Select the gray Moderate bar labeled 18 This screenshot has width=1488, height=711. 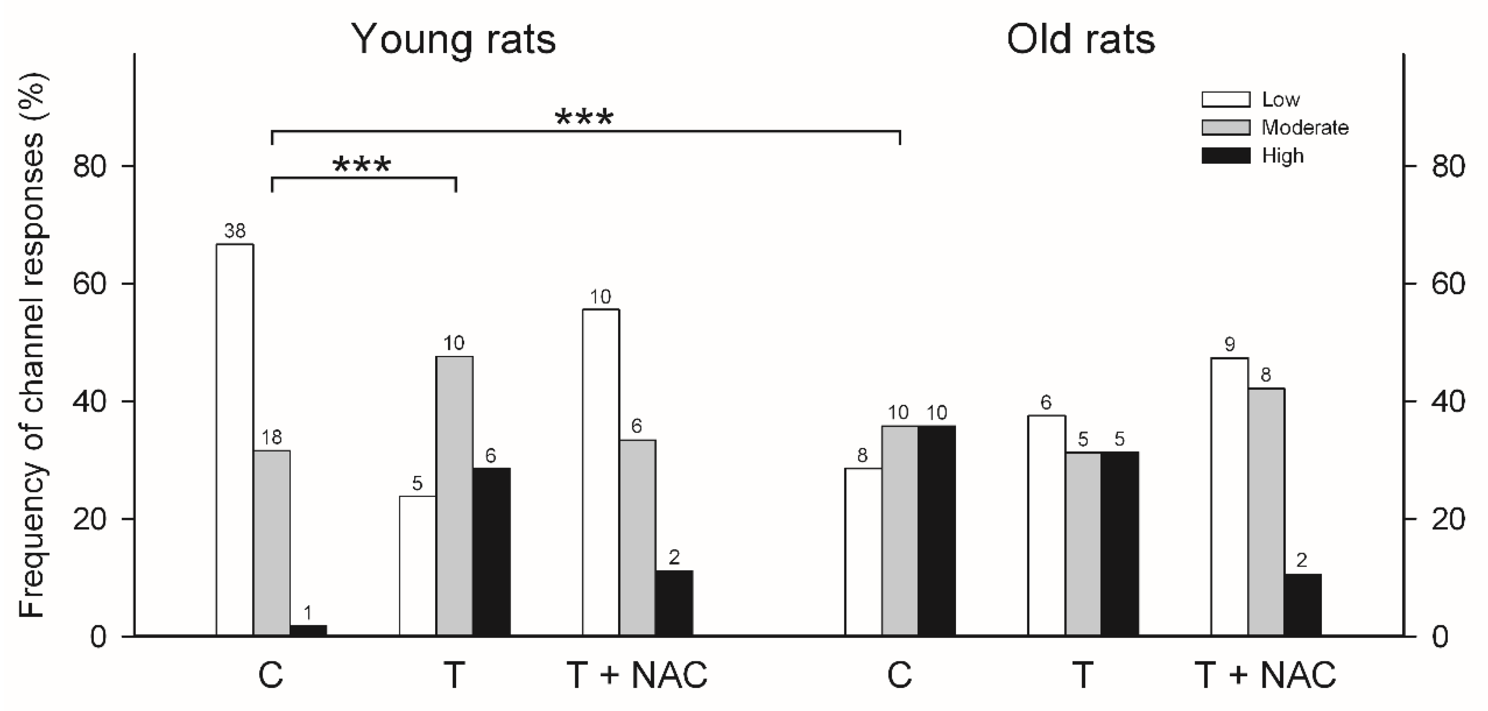point(272,543)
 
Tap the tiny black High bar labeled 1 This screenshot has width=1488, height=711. point(308,630)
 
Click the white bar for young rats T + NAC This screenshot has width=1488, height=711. point(601,472)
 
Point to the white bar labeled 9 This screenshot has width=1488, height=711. point(1229,497)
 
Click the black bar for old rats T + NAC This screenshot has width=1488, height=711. point(1303,605)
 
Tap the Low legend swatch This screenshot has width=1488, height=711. point(1226,99)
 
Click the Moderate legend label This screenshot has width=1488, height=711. point(1304,128)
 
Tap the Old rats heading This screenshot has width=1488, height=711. point(1080,39)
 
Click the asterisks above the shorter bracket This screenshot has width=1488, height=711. point(362,165)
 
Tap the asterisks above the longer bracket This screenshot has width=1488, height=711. point(583,118)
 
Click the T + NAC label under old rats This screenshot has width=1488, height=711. point(1265,675)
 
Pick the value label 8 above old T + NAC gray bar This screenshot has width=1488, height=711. point(1266,376)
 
